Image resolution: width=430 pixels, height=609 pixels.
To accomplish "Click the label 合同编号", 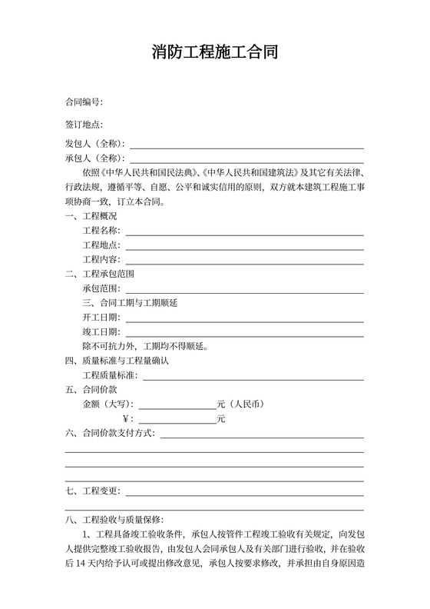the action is point(84,102).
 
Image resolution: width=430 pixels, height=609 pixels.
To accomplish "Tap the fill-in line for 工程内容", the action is point(244,261).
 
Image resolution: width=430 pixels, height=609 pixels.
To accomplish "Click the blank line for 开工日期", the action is point(244,318).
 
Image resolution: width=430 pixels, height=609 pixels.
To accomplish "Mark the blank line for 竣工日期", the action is point(244,333).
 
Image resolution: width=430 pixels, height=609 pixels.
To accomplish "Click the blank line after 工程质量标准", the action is point(253,377).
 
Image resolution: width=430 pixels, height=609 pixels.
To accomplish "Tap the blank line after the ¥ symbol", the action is point(177,421).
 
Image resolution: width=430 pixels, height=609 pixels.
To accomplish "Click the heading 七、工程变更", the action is point(91,491).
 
